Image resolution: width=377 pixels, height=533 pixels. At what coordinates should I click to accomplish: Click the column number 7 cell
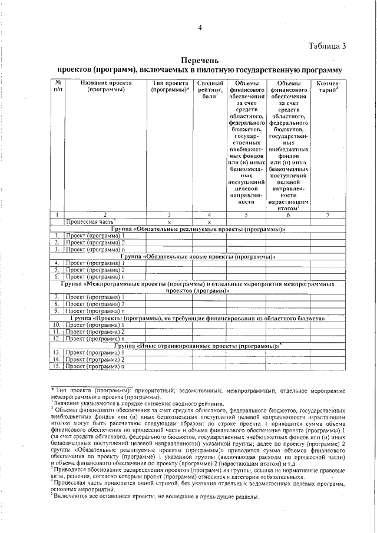(x=328, y=215)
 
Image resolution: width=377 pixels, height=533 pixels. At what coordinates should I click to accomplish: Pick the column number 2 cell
(x=104, y=215)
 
